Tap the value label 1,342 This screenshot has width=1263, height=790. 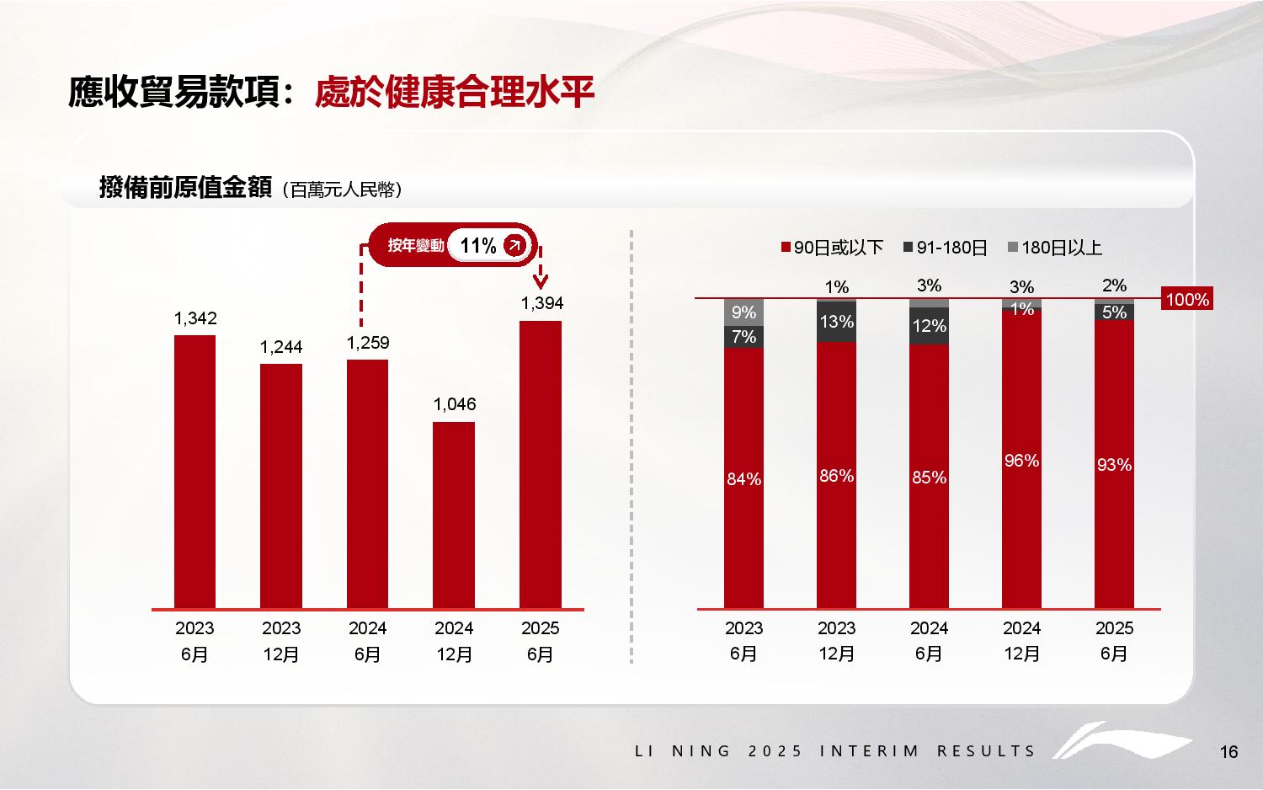tap(195, 318)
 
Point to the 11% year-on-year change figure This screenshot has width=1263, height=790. tap(478, 246)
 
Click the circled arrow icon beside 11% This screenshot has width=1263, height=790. tap(514, 246)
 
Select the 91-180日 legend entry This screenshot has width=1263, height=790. tap(946, 248)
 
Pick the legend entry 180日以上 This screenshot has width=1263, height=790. tap(1055, 248)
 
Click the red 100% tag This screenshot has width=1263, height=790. tap(1187, 300)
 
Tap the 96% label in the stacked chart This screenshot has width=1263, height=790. tap(1021, 461)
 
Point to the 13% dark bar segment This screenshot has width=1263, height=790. tap(836, 322)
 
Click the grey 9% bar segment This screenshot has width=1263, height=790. tap(743, 312)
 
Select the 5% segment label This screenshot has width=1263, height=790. tap(1114, 312)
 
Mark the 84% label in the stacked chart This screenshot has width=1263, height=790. tap(743, 479)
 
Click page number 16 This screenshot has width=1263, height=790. tap(1228, 752)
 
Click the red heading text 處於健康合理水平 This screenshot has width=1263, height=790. tap(455, 93)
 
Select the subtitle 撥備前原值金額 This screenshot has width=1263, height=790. tap(185, 187)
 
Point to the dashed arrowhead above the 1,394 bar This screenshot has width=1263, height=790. tap(541, 279)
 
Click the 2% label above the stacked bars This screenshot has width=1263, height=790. tap(1114, 286)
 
